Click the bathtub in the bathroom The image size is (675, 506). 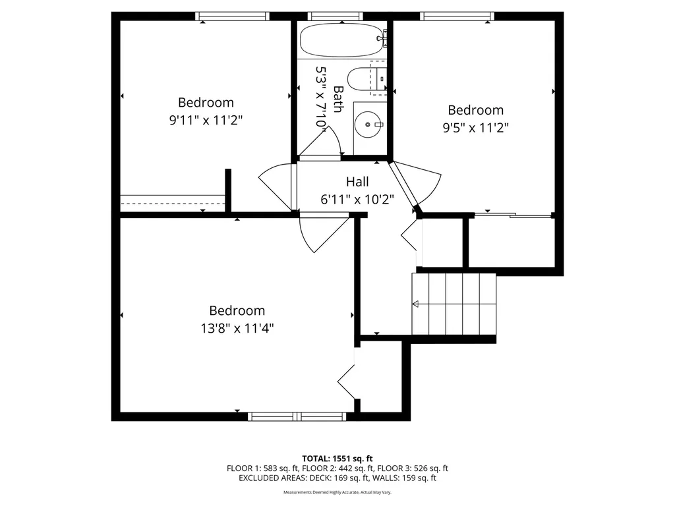point(341,41)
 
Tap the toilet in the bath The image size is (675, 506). point(360,79)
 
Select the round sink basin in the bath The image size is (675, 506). point(367,123)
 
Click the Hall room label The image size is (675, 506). point(357,182)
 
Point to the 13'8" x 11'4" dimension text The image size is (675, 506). point(237,327)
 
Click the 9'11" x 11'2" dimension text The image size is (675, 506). point(206,120)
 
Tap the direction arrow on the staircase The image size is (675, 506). point(417,304)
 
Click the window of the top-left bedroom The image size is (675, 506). point(233,16)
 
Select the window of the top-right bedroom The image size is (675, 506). point(457,16)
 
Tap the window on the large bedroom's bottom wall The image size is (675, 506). point(297,416)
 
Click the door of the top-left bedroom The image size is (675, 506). point(276,187)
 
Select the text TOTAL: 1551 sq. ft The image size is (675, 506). point(337,458)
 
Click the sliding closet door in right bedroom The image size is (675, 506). point(513,214)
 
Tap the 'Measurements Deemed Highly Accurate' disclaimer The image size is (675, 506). point(337,493)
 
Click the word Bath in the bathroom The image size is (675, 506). point(338,99)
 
